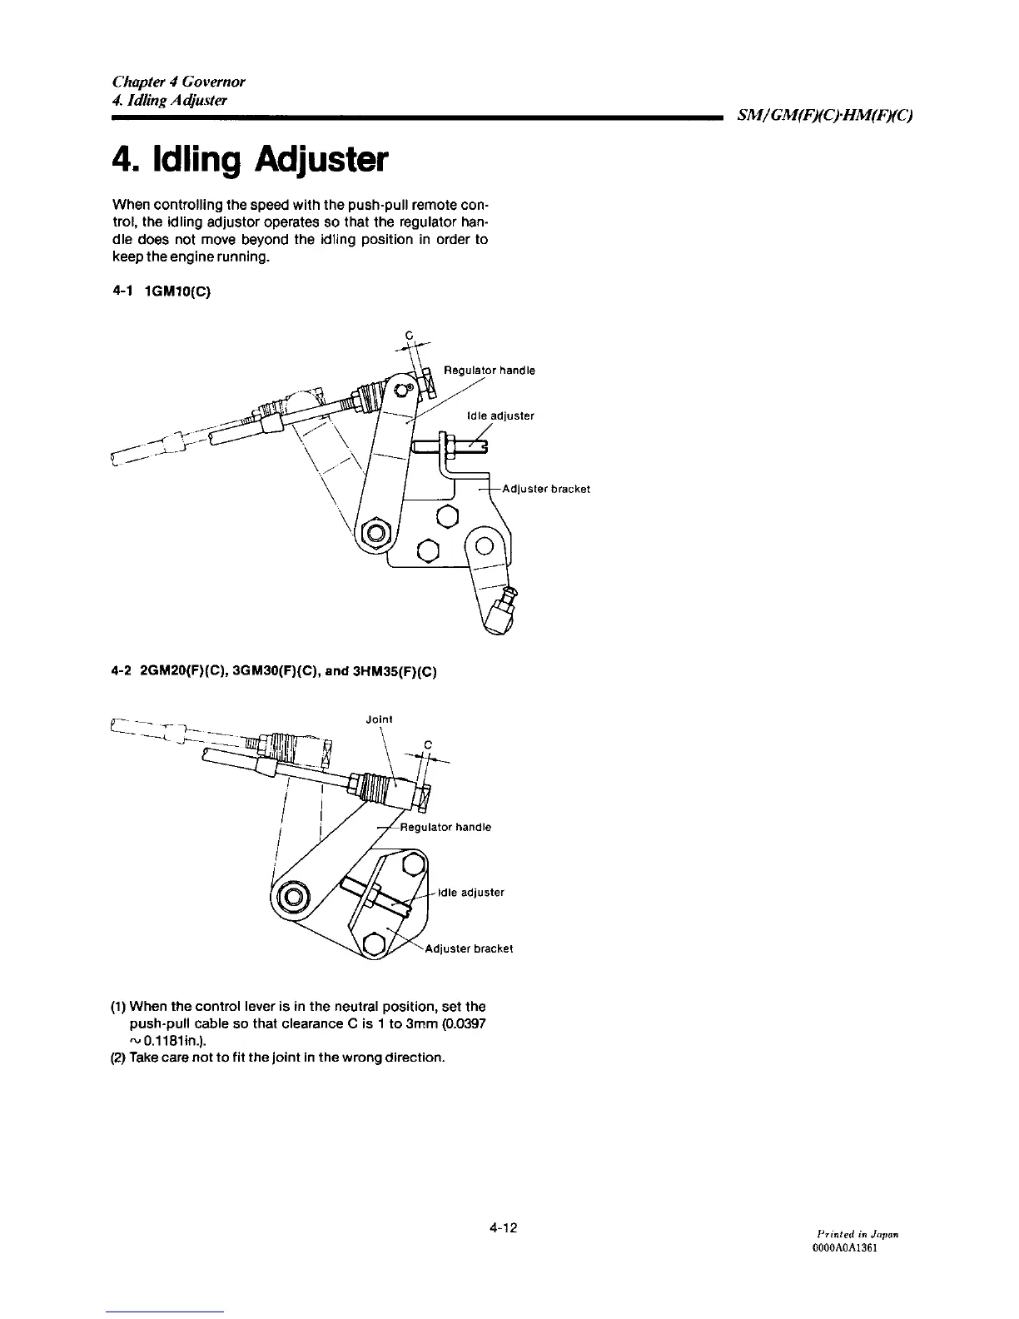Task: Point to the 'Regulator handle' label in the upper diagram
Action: point(489,370)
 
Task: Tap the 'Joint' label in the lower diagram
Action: point(379,719)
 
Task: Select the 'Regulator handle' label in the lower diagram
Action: point(445,827)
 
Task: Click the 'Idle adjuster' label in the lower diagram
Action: point(470,892)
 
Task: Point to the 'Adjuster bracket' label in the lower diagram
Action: point(469,948)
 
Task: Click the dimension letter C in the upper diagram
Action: point(409,336)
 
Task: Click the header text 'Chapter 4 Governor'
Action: point(178,82)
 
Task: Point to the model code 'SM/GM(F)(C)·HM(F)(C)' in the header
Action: point(823,115)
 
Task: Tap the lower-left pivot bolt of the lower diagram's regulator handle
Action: point(293,897)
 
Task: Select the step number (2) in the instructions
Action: point(117,1057)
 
